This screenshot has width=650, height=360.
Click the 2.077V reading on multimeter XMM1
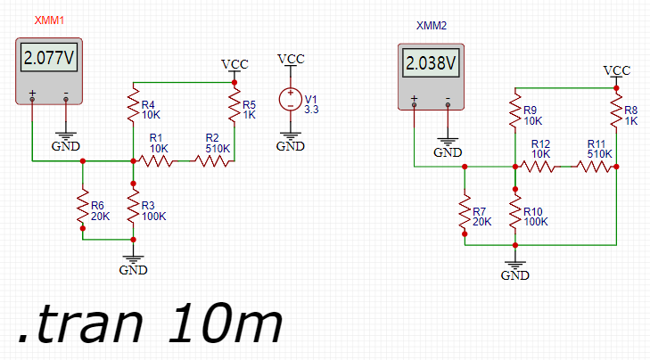click(49, 58)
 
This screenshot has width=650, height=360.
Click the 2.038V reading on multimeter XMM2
click(432, 63)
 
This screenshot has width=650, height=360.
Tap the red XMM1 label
click(49, 20)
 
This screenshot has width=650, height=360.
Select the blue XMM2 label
click(432, 26)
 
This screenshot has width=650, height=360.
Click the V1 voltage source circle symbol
click(290, 100)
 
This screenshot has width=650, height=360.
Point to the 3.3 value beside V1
click(311, 110)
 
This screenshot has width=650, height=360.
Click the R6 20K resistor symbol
click(83, 207)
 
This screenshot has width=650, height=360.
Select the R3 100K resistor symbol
click(133, 207)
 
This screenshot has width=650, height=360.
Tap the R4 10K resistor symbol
click(133, 106)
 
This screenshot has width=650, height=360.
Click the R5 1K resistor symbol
click(234, 106)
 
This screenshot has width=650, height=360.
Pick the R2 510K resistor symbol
click(212, 160)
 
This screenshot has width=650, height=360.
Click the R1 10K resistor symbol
click(156, 160)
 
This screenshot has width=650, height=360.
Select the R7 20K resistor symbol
click(465, 212)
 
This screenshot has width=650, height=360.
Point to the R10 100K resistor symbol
click(515, 212)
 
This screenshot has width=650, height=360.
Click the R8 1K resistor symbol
click(616, 111)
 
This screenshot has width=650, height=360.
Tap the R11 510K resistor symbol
click(595, 167)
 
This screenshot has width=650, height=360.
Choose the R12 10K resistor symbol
click(538, 167)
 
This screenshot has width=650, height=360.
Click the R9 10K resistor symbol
click(515, 111)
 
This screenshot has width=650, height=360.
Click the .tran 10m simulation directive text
click(150, 323)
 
